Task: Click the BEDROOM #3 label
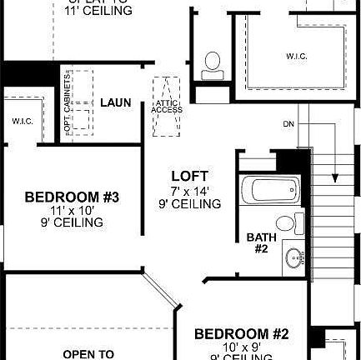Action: (73, 197)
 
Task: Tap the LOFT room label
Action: (189, 177)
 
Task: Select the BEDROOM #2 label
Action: (241, 334)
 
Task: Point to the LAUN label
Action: (116, 102)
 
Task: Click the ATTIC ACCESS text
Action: (167, 106)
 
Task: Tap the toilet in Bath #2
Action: (286, 223)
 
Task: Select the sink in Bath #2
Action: (293, 258)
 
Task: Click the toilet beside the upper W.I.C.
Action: (213, 63)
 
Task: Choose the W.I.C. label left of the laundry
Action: (22, 121)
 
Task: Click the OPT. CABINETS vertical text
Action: (68, 102)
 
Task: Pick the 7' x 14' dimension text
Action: (190, 191)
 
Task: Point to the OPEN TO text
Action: (88, 354)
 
